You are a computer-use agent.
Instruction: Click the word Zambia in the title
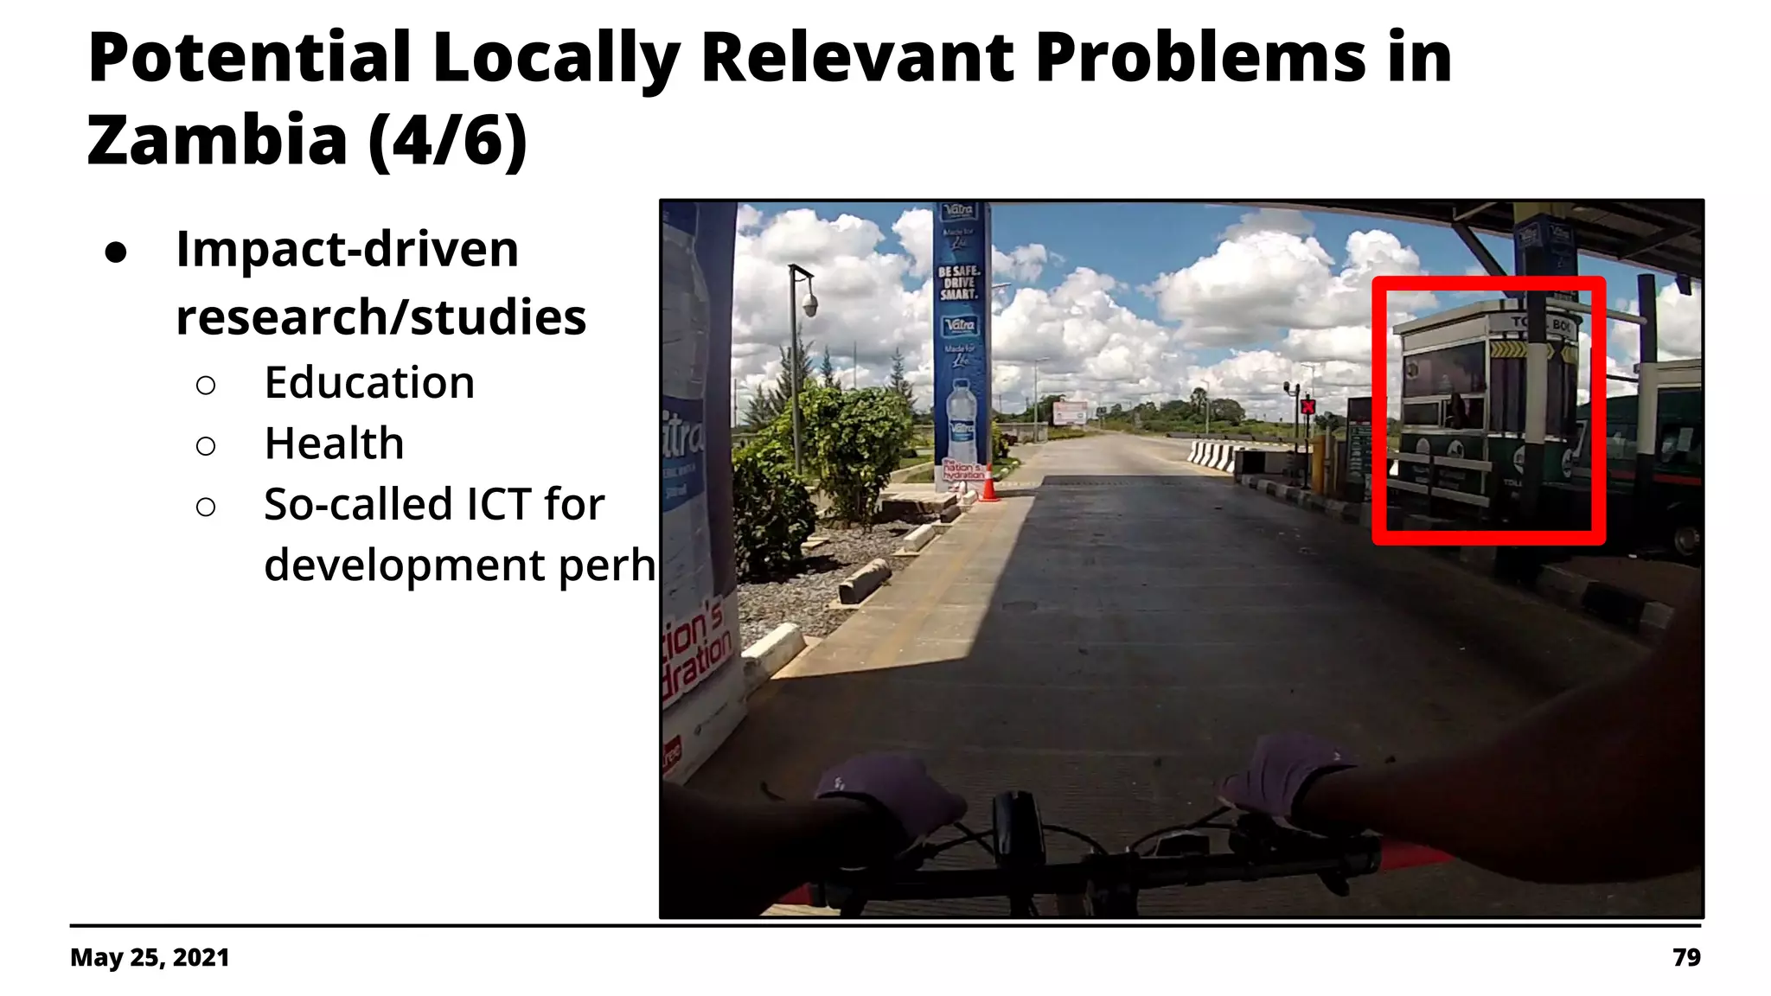click(217, 140)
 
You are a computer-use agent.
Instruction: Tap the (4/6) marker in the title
click(447, 140)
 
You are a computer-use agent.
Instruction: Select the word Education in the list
click(369, 382)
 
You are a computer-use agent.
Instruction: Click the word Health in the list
click(334, 444)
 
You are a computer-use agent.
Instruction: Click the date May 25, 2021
click(150, 957)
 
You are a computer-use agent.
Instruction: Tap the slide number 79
click(1686, 957)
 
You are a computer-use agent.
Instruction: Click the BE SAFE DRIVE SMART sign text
click(959, 283)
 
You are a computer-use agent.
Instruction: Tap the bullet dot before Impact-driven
click(116, 252)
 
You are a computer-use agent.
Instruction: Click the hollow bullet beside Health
click(206, 446)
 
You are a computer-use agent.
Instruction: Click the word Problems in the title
click(1200, 58)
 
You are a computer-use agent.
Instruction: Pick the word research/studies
click(380, 317)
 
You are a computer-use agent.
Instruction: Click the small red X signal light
click(1307, 406)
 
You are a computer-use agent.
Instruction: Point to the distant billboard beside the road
click(1070, 413)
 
